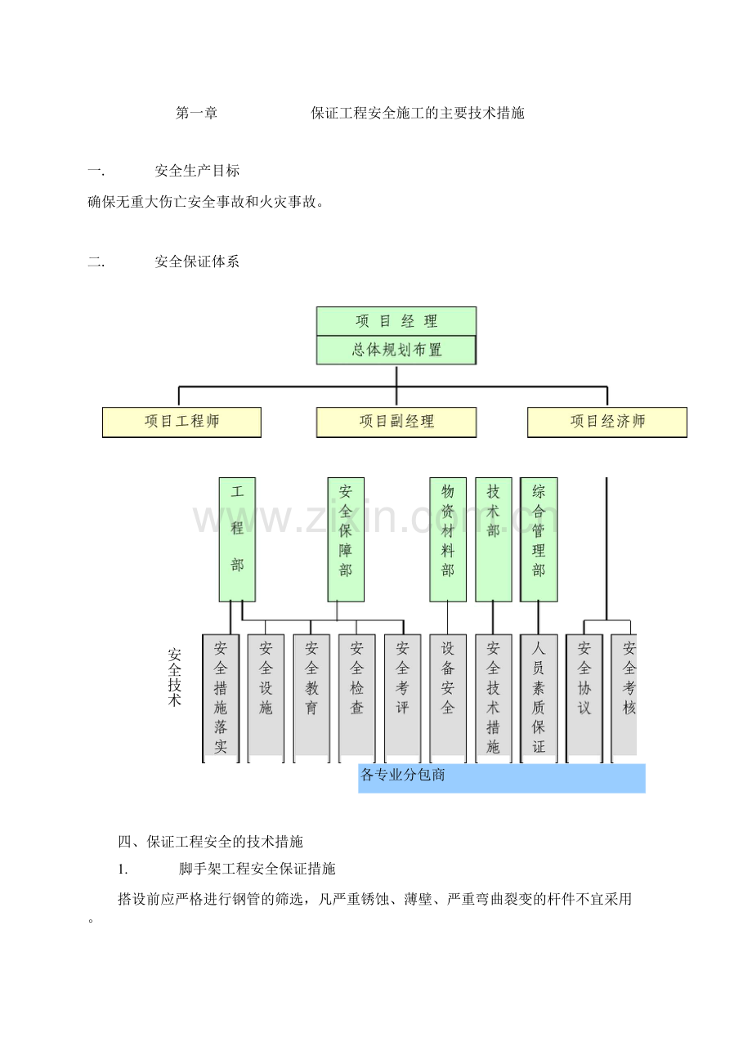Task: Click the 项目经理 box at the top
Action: pyautogui.click(x=396, y=321)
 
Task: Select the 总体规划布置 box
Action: pyautogui.click(x=396, y=350)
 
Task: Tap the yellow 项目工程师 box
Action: pyautogui.click(x=181, y=422)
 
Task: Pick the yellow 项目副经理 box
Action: pyautogui.click(x=396, y=422)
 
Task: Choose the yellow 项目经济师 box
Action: pyautogui.click(x=607, y=422)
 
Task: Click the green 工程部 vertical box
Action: pyautogui.click(x=237, y=539)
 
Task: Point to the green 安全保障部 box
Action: pyautogui.click(x=346, y=539)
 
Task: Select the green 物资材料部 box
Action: pyautogui.click(x=447, y=539)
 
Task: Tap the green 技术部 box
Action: pyautogui.click(x=494, y=539)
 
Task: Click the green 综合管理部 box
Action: pyautogui.click(x=539, y=539)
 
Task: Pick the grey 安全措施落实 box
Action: pyautogui.click(x=221, y=698)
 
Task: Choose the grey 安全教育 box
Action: pyautogui.click(x=311, y=698)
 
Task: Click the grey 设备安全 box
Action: pyautogui.click(x=447, y=698)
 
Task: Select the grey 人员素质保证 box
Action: pyautogui.click(x=539, y=698)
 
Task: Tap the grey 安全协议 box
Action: pyautogui.click(x=584, y=698)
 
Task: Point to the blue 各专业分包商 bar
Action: pyautogui.click(x=502, y=778)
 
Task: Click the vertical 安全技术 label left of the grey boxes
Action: pyautogui.click(x=174, y=677)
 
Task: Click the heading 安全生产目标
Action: pyautogui.click(x=197, y=171)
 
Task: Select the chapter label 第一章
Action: pyautogui.click(x=197, y=113)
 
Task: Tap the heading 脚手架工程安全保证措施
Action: pyautogui.click(x=257, y=869)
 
